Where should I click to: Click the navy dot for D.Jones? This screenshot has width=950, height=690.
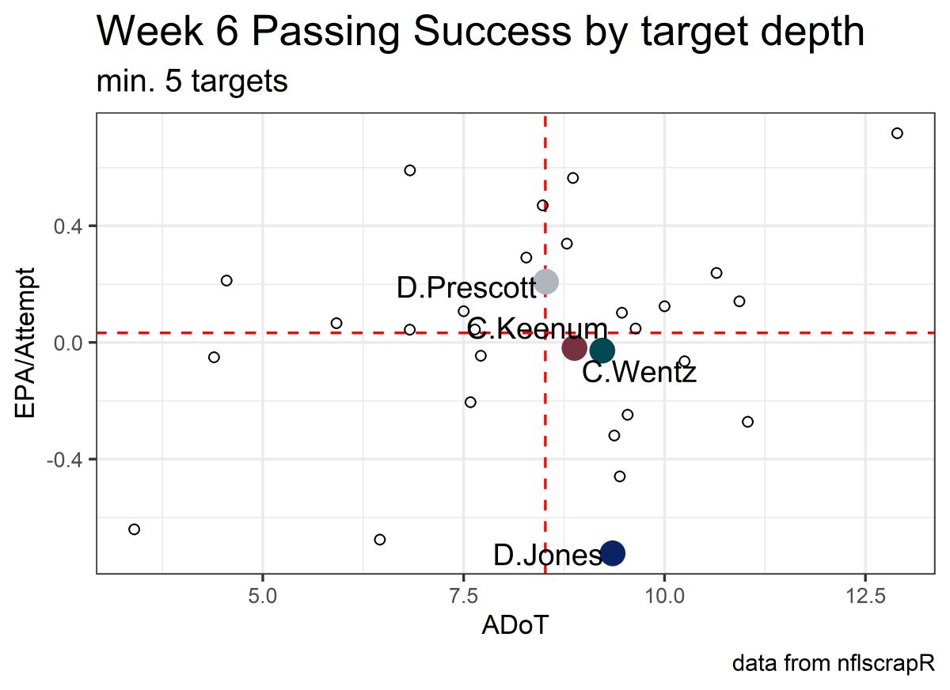(612, 553)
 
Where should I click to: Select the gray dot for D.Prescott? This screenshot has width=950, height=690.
(545, 281)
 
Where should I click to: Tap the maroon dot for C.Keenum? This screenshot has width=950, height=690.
(574, 347)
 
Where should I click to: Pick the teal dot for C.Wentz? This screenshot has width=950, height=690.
(602, 351)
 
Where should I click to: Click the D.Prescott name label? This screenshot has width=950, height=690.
(466, 288)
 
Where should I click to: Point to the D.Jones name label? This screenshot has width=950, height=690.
(547, 555)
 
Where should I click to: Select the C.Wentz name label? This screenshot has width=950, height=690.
(640, 372)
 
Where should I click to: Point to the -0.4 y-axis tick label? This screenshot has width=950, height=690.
(70, 459)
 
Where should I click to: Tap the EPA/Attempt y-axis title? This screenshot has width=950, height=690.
(27, 343)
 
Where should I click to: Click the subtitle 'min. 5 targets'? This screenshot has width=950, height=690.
(192, 82)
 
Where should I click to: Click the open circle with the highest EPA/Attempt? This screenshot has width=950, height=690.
(897, 133)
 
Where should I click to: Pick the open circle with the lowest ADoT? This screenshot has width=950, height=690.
(134, 529)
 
